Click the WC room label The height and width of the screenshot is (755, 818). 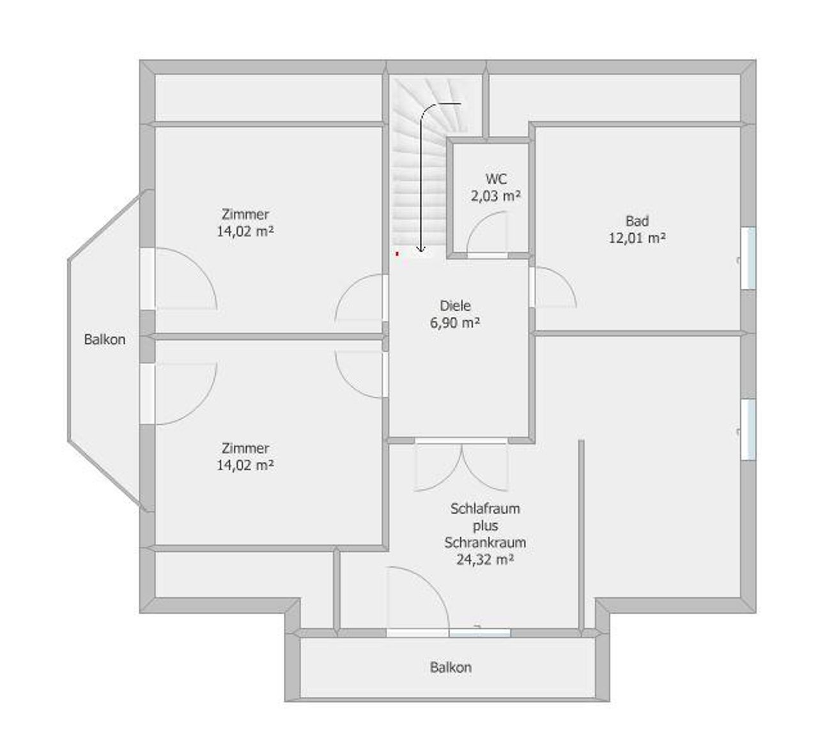(497, 179)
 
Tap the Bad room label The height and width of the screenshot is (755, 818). (637, 221)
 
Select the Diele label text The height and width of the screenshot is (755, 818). (455, 305)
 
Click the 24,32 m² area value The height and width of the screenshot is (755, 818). (485, 560)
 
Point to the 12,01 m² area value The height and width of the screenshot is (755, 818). (637, 238)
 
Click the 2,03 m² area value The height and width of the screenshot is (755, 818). (496, 195)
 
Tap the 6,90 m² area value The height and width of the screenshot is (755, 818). (455, 323)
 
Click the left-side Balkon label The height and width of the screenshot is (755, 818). (105, 339)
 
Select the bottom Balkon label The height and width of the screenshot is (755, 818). (451, 667)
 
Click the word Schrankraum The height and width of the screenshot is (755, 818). (485, 542)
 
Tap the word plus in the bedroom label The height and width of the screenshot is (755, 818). (485, 526)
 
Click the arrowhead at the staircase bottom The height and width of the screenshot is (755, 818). (421, 248)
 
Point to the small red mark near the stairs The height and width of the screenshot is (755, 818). (397, 254)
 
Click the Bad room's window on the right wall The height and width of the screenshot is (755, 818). (748, 258)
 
